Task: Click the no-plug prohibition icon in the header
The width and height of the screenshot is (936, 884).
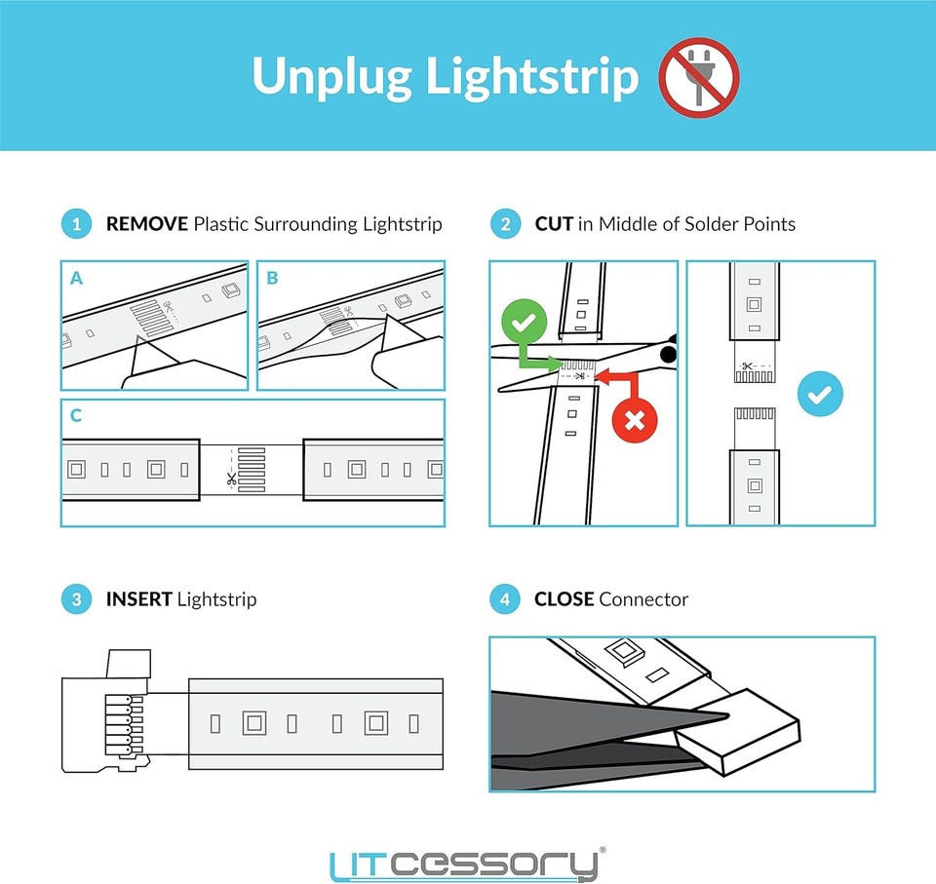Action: (699, 77)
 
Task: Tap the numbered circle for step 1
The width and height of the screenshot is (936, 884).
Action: (76, 224)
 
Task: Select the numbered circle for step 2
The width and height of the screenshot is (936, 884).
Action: (506, 224)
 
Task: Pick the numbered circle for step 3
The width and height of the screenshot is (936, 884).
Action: (76, 598)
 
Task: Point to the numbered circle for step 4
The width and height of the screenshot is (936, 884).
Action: (506, 598)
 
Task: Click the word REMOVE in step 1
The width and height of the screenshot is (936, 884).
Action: (147, 224)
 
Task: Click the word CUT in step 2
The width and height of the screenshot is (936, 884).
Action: (554, 224)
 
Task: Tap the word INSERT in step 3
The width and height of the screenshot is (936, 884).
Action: (139, 598)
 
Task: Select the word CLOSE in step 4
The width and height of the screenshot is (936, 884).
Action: (565, 598)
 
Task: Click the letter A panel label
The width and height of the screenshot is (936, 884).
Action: (76, 278)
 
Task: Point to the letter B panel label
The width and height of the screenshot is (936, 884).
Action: (272, 278)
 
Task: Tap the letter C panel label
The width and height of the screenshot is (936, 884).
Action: (76, 415)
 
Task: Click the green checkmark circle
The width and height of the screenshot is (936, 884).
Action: (525, 322)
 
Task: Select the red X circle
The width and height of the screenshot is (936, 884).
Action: (635, 420)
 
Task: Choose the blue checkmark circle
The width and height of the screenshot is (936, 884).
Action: (820, 394)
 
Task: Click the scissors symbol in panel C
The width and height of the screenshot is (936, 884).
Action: (231, 478)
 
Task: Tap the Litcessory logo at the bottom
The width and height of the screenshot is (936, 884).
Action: (467, 864)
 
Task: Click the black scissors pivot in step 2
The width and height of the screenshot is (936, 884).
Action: (669, 354)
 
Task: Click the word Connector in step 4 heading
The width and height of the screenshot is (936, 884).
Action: (644, 598)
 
